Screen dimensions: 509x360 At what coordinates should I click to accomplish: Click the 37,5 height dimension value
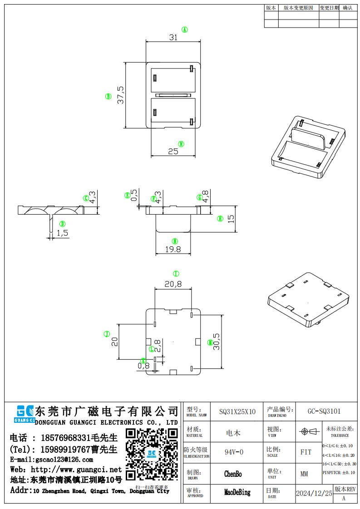(120, 95)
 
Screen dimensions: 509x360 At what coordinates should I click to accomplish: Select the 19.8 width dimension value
(173, 249)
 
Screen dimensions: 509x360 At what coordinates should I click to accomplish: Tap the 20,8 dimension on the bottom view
(173, 284)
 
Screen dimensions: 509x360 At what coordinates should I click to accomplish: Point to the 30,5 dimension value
(217, 341)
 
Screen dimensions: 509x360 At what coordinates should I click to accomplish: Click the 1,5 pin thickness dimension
(62, 233)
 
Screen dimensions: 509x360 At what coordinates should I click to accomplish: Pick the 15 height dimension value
(231, 218)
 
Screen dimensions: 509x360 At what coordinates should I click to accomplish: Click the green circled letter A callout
(185, 29)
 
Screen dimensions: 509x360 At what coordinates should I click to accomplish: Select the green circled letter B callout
(108, 96)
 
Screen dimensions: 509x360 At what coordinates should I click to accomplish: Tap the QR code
(152, 454)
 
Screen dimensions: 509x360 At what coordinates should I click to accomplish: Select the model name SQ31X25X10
(237, 412)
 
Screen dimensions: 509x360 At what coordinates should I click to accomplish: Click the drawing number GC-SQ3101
(324, 411)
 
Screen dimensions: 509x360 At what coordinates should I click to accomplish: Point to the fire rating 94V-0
(234, 452)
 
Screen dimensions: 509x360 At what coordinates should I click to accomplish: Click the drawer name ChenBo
(233, 474)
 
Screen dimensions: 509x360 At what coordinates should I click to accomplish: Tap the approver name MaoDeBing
(237, 492)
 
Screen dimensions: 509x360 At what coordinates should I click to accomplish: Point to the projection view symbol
(308, 431)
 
